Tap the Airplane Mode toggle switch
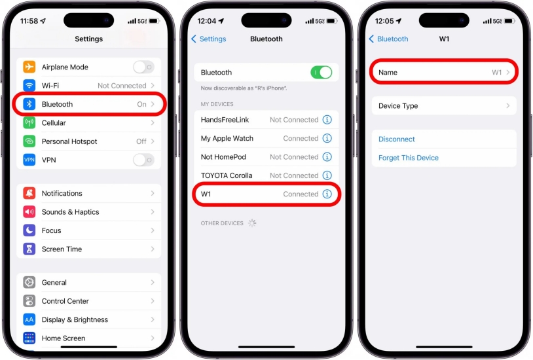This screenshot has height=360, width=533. click(144, 67)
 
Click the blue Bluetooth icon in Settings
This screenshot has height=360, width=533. click(29, 104)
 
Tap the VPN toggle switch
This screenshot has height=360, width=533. click(144, 160)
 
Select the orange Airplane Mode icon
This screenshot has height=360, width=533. click(29, 67)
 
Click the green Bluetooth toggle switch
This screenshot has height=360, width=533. click(322, 73)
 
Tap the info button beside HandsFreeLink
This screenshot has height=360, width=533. click(327, 120)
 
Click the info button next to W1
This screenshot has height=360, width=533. click(327, 194)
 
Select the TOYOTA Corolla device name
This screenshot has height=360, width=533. click(227, 175)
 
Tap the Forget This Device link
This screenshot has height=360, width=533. click(408, 158)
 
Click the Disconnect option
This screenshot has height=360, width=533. click(396, 139)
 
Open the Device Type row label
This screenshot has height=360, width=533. click(398, 106)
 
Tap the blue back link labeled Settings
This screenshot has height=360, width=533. click(209, 39)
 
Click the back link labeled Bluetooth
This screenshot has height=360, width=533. click(388, 39)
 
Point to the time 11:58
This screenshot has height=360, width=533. click(29, 21)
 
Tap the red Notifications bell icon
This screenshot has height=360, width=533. click(29, 193)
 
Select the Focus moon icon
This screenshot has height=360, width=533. click(29, 230)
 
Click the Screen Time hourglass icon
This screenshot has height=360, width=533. click(29, 249)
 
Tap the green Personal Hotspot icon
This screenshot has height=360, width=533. click(29, 141)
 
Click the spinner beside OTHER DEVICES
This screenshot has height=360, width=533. click(252, 223)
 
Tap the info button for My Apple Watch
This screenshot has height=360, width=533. click(327, 138)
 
